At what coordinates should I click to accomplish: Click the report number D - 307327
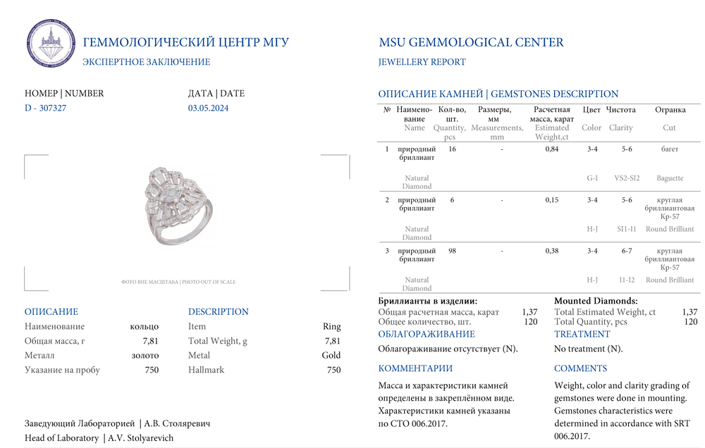46,108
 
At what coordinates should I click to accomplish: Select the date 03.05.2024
208,108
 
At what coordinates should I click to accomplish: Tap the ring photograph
176,206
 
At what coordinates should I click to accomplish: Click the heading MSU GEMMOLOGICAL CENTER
471,42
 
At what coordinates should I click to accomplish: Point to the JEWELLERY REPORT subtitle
422,62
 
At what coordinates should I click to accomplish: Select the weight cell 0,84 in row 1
552,149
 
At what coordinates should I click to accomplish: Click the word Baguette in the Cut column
669,178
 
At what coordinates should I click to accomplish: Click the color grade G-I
592,178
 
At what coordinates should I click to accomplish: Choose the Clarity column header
620,128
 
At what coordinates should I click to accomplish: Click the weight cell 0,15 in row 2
552,200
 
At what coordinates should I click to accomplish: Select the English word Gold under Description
331,355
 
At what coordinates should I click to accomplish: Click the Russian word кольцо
145,326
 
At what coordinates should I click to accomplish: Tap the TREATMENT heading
582,334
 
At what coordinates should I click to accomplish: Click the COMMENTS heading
580,368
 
